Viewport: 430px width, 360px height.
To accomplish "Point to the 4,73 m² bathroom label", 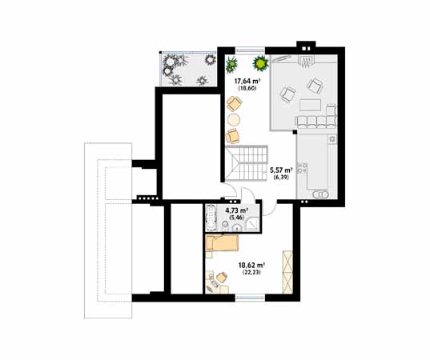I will pos(235,214).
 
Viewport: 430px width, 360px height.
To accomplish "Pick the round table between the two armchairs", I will pos(233,120).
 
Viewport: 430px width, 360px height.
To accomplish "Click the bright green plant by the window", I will pos(259,62).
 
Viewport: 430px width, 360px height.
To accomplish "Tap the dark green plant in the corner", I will pos(231,64).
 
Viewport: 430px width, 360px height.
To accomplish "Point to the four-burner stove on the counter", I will pos(303,170).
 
